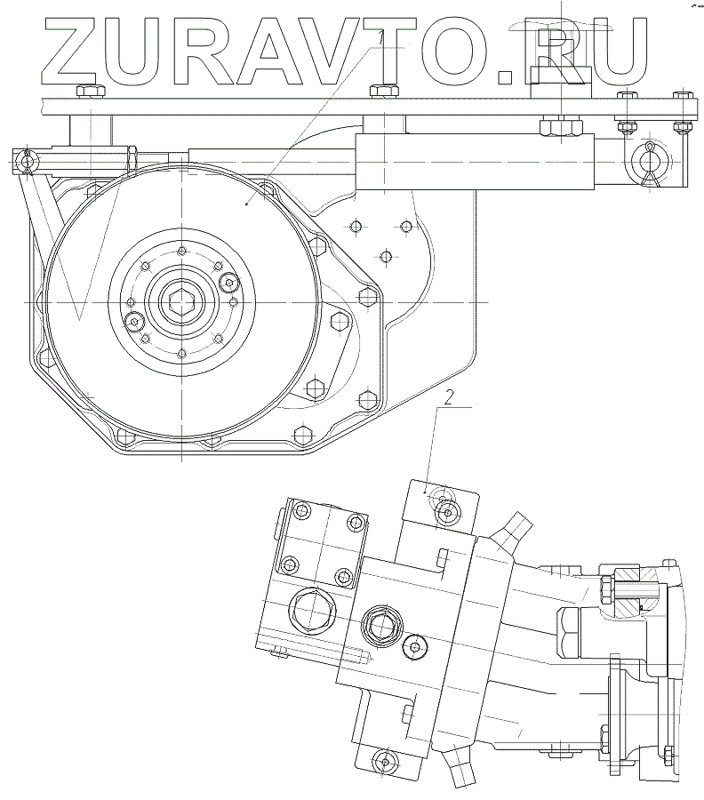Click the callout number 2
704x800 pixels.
tap(448, 397)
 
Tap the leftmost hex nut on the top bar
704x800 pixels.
tap(91, 92)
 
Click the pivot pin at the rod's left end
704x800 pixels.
tap(26, 162)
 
